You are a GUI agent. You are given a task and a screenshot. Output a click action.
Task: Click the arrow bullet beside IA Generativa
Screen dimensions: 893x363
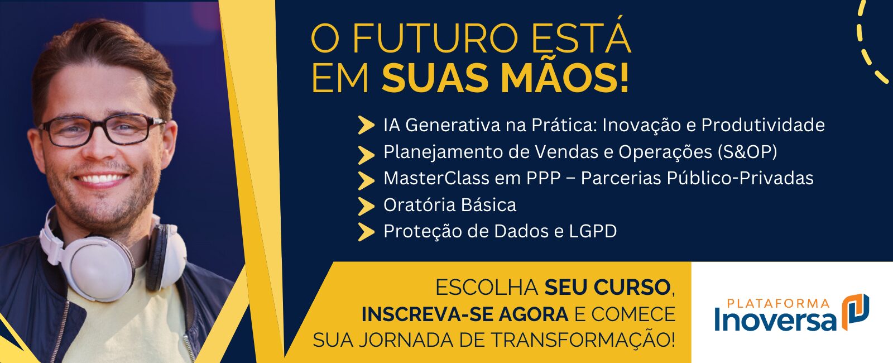click(366, 125)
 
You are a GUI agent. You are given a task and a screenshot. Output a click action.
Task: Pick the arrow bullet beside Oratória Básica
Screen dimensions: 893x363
click(366, 206)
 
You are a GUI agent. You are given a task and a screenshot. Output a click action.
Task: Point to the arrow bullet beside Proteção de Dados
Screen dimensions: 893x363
click(366, 232)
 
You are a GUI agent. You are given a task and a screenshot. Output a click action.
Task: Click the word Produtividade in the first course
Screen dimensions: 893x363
click(762, 125)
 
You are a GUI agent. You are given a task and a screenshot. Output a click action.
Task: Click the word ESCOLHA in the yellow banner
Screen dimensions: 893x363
click(487, 288)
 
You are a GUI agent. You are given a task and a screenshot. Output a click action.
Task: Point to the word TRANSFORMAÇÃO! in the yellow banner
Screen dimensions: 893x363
click(583, 340)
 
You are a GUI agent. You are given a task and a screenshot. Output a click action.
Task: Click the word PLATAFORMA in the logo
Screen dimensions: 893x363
click(778, 304)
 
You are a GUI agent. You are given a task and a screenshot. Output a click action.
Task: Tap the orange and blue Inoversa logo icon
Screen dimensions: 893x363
click(856, 312)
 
